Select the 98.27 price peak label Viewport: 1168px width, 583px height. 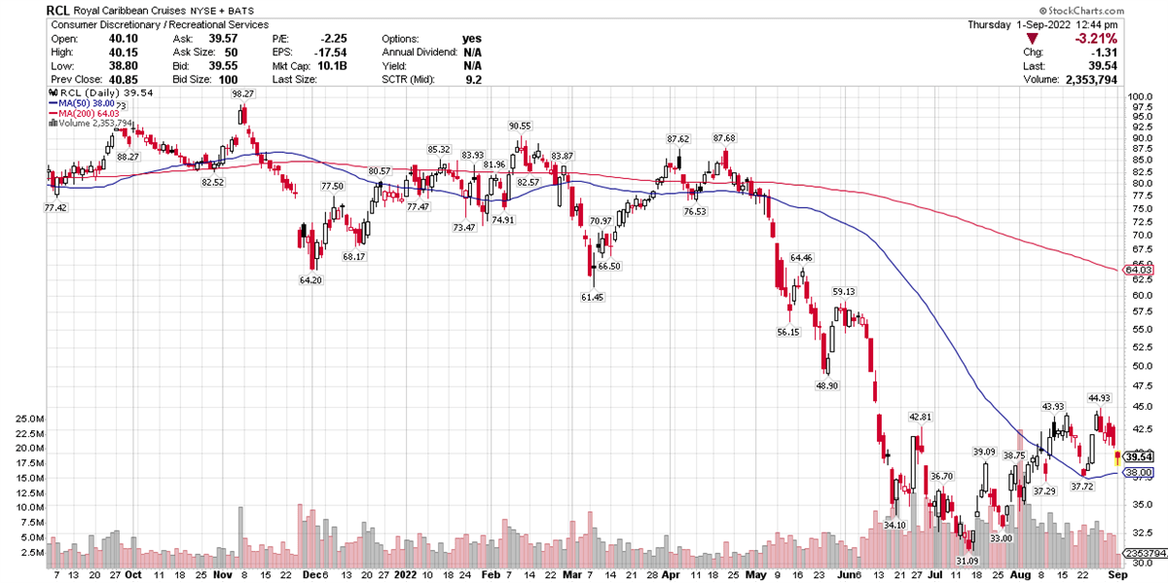point(242,93)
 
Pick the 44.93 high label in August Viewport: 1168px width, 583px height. point(1099,397)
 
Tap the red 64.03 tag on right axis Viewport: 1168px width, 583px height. point(1137,270)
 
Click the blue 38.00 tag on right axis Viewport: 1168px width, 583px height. point(1137,472)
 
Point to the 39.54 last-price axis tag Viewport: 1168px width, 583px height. point(1137,456)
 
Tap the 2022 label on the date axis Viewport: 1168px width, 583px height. point(406,574)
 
